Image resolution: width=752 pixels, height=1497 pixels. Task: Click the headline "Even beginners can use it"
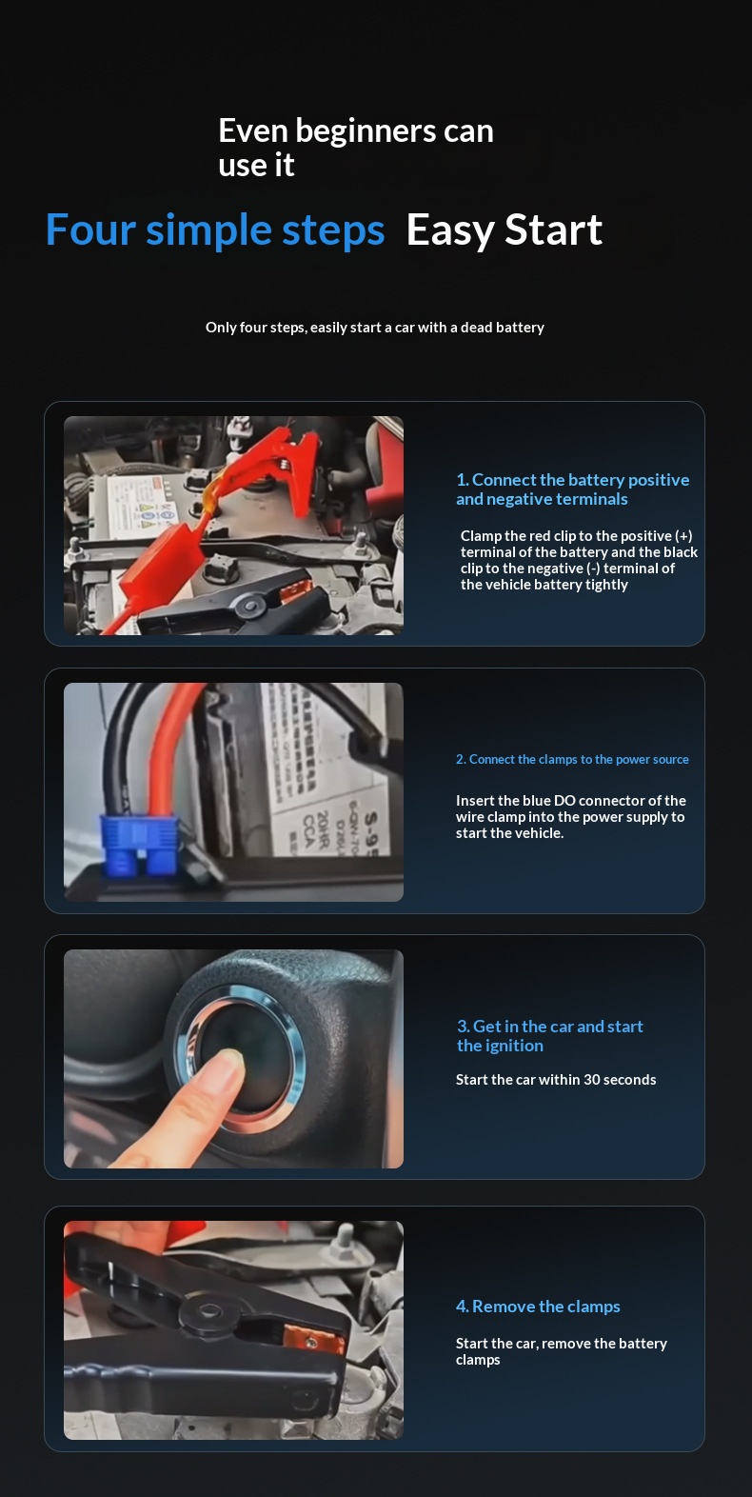[x=356, y=148]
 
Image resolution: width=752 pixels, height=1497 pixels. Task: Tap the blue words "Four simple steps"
[x=215, y=230]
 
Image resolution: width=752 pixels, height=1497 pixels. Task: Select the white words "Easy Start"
[x=505, y=230]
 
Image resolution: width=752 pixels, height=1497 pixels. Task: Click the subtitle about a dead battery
[x=375, y=328]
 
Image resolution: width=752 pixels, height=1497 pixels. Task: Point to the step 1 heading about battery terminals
[x=572, y=489]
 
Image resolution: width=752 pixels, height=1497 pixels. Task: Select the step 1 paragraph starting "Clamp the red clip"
[x=579, y=560]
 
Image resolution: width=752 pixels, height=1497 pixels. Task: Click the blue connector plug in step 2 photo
[x=139, y=845]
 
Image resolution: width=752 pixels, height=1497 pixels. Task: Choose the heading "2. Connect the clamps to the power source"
[x=572, y=759]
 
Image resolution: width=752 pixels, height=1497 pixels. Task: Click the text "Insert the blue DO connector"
[x=570, y=817]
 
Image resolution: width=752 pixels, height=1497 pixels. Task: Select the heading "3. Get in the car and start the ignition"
[x=549, y=1036]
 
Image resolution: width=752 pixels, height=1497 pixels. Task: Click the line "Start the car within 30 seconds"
[x=556, y=1079]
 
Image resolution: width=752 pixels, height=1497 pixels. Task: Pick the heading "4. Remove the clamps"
[x=538, y=1306]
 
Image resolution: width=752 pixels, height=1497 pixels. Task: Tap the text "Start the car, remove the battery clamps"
[x=561, y=1351]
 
